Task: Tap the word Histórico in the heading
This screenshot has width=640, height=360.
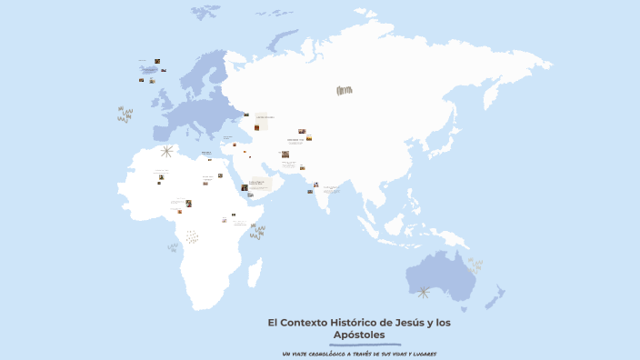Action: pos(355,323)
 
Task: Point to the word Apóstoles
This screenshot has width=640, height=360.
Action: pos(359,335)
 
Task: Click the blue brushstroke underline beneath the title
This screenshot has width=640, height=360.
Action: pos(359,344)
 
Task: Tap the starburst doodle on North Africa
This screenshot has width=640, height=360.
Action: pos(166,152)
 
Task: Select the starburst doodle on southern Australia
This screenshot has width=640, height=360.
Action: pos(423,292)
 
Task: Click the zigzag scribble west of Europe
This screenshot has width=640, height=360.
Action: pos(125,115)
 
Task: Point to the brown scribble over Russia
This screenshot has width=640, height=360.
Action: pos(344,90)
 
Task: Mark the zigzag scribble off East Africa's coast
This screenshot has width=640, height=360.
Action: pos(257,233)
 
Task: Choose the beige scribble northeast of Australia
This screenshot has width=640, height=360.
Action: pos(475,265)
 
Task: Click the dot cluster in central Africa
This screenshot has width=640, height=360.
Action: pos(192,236)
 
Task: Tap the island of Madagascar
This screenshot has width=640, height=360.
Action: pos(255,272)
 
